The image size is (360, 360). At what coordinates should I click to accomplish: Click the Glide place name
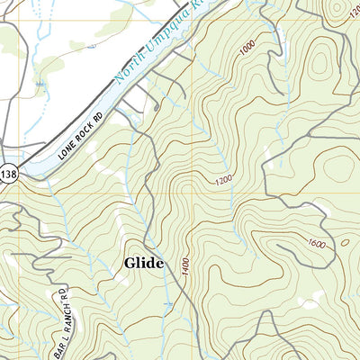(144, 263)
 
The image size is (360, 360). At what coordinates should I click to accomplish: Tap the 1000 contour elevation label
(248, 50)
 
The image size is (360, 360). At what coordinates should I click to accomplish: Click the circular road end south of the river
(156, 107)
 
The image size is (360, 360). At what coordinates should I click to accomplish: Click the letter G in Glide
(130, 263)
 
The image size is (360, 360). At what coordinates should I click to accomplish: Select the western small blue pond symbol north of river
(40, 83)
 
